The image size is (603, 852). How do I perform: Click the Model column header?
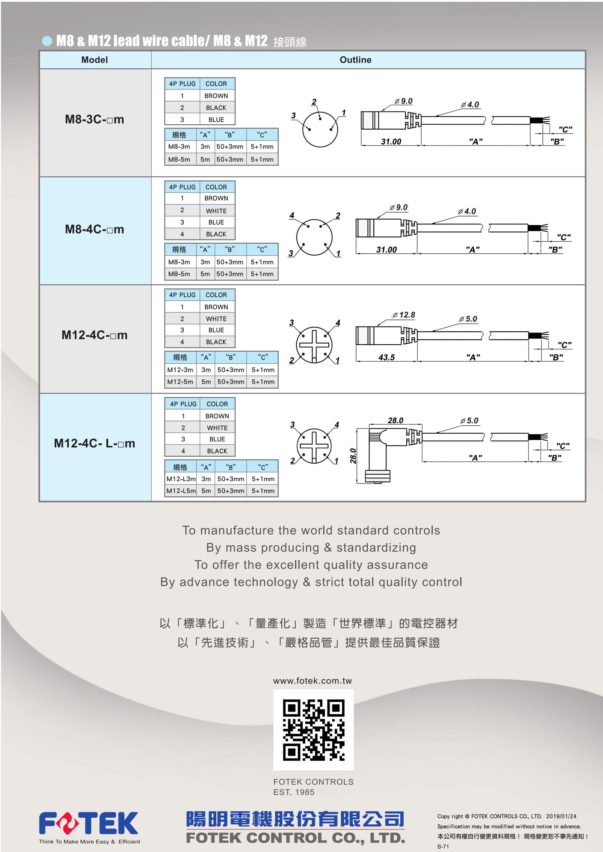coord(95,60)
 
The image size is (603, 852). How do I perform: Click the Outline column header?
coord(355,60)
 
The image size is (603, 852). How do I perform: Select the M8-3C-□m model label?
coord(95,119)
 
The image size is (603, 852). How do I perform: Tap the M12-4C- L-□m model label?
coord(95,443)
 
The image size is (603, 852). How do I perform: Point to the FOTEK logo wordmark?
coord(88,823)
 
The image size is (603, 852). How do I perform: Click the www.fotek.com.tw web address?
coord(313,680)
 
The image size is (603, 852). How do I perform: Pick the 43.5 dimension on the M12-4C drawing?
coord(386,357)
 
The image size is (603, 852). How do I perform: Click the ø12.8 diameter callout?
coord(404,315)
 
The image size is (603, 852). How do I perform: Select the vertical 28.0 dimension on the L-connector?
coord(353,456)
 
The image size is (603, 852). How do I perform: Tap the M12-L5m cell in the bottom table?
coord(181,491)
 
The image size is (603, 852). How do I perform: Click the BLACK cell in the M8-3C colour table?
coord(216,108)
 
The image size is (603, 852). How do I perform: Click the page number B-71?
coord(443,846)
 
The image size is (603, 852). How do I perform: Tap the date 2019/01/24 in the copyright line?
coord(561,816)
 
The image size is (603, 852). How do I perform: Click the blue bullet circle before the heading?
coord(47,41)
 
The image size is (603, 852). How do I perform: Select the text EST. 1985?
coord(294,792)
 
